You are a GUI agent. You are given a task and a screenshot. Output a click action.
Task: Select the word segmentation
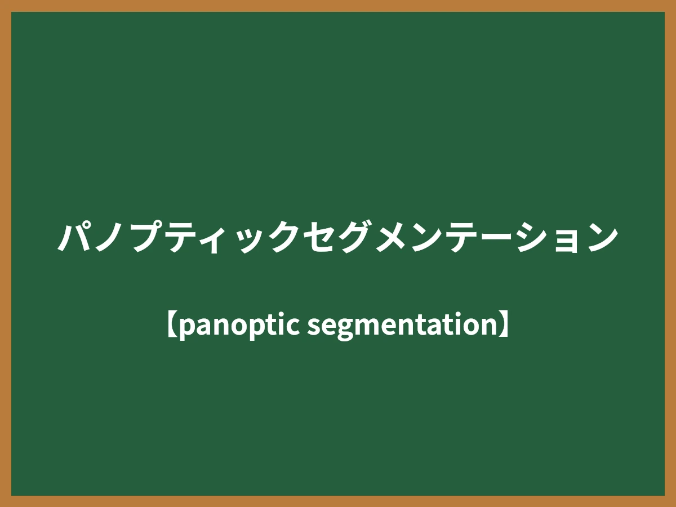[401, 326]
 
